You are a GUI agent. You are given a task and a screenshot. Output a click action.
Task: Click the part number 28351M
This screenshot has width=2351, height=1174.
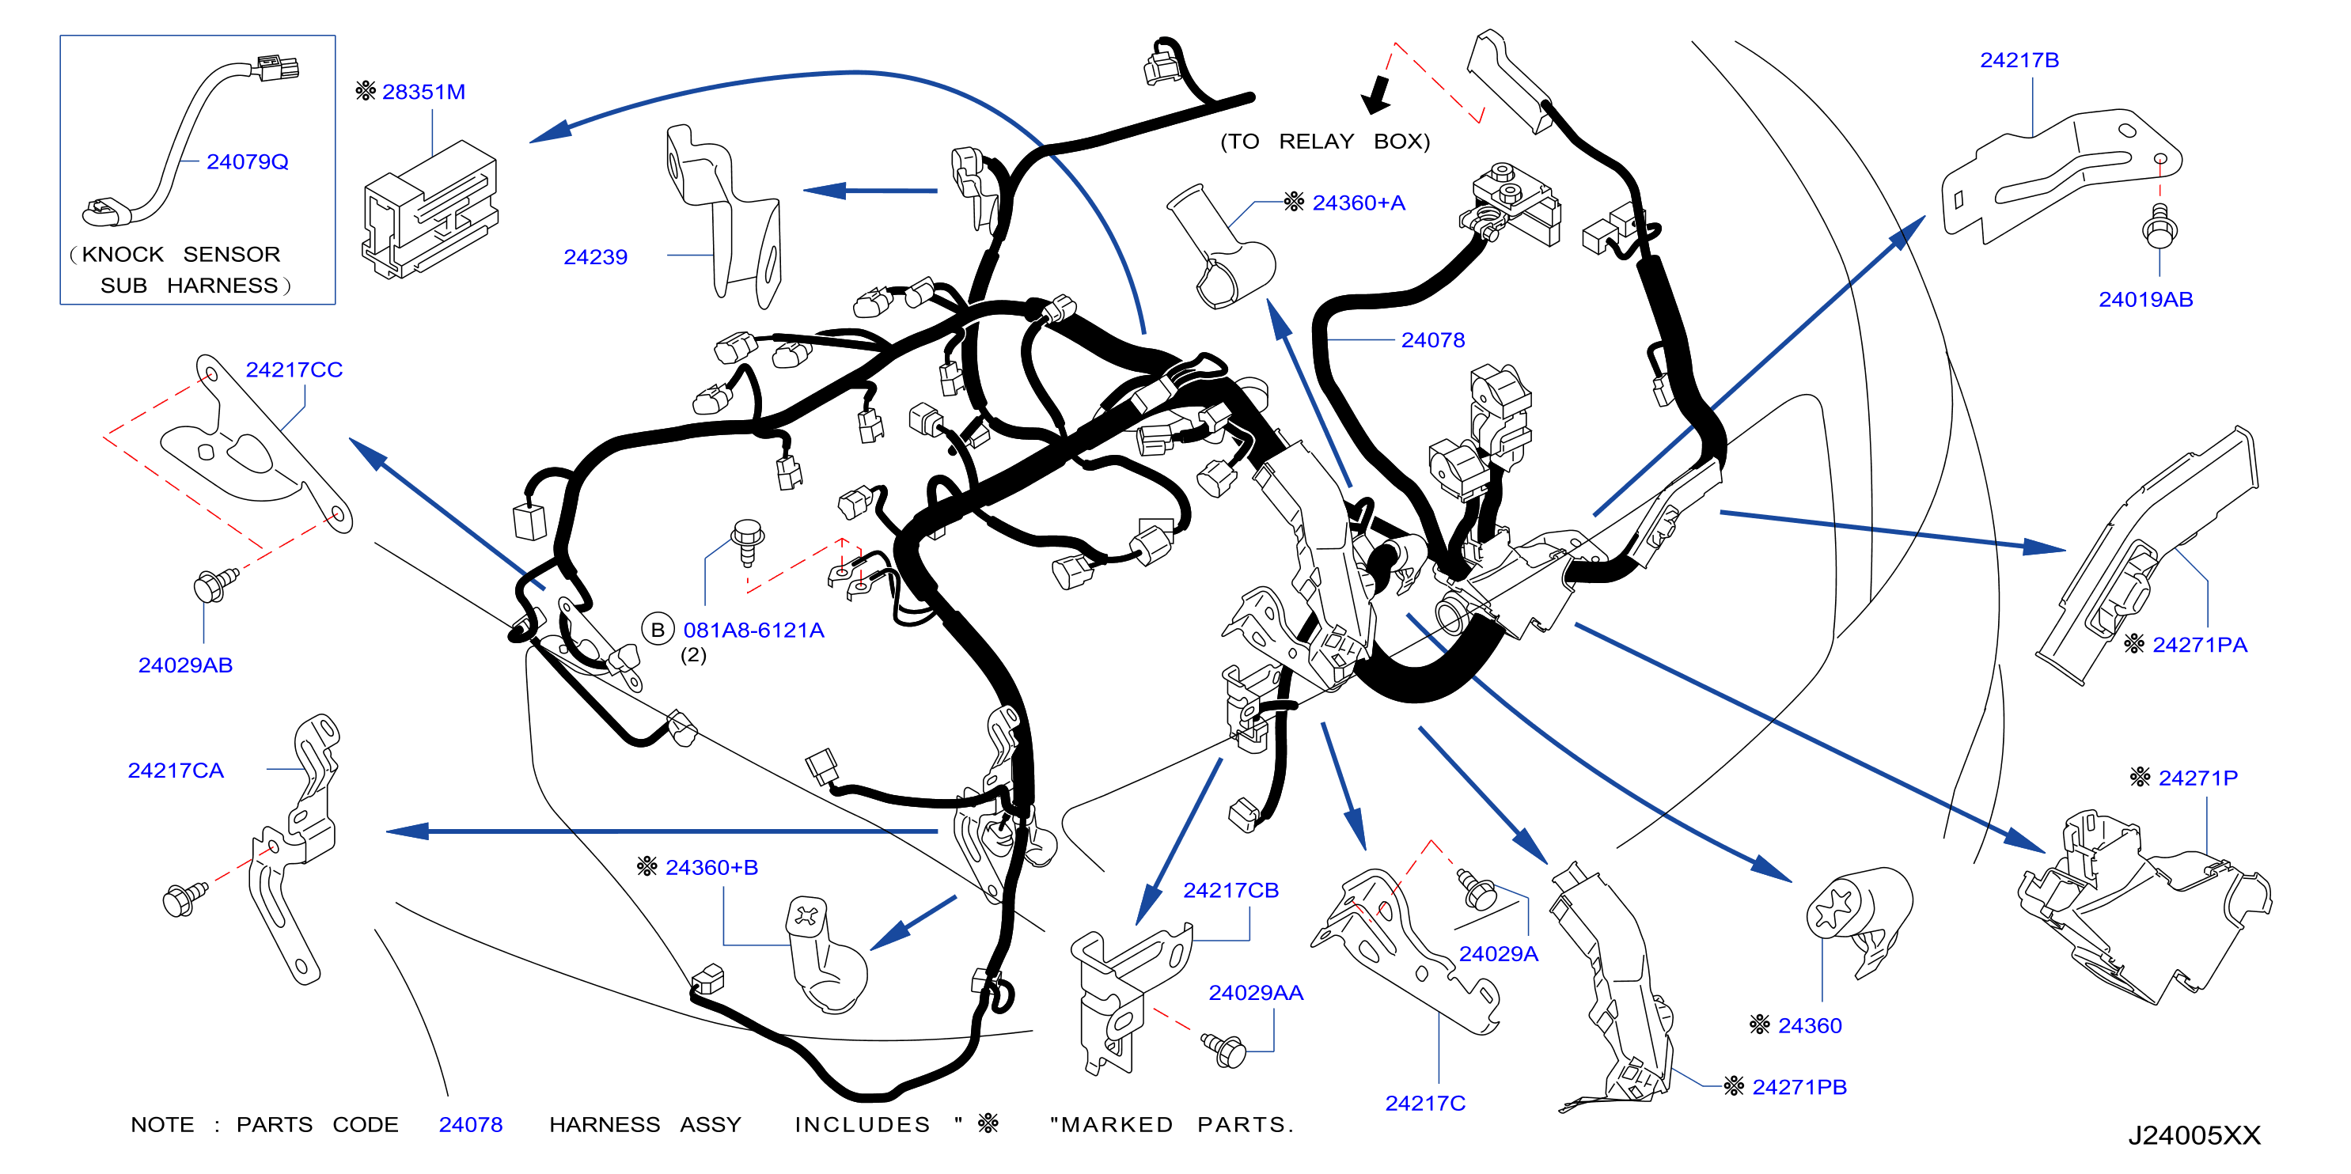click(423, 92)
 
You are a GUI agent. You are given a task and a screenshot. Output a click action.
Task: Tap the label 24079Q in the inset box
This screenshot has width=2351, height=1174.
click(248, 162)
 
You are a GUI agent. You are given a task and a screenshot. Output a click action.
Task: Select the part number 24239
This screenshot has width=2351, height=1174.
click(595, 257)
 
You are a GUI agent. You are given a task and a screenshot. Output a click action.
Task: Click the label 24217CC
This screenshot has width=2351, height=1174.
click(294, 370)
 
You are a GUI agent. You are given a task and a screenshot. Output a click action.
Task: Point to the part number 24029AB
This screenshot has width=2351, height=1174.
click(185, 666)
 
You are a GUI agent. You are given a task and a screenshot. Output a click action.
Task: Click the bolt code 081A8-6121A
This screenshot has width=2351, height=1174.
click(754, 631)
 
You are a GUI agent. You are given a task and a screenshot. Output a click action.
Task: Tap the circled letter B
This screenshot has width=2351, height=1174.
click(657, 631)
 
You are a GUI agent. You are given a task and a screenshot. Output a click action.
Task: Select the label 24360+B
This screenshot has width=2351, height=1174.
click(712, 868)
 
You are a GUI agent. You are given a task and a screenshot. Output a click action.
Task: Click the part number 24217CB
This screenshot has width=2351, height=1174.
click(1231, 890)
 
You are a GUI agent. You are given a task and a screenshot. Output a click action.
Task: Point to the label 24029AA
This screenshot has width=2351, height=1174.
click(1256, 994)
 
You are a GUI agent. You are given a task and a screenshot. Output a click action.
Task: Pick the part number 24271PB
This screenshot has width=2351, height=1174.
click(1799, 1087)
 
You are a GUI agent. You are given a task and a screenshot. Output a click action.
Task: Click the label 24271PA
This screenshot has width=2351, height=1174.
click(2200, 645)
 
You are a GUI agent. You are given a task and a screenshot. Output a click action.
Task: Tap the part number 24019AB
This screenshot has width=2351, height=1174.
click(2145, 300)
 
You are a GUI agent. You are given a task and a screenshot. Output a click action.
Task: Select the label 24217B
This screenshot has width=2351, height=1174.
click(2019, 60)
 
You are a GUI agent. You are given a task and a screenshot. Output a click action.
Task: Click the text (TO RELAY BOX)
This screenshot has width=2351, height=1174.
click(1325, 142)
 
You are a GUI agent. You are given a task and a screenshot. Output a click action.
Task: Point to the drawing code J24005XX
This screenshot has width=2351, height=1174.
click(2195, 1136)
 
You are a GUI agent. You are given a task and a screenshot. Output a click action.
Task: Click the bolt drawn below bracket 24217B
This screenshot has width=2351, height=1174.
click(2160, 225)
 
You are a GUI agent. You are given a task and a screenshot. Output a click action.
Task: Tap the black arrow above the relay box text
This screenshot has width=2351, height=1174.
click(1375, 95)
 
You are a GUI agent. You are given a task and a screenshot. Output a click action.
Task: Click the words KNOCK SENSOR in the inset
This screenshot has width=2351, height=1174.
click(180, 255)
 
